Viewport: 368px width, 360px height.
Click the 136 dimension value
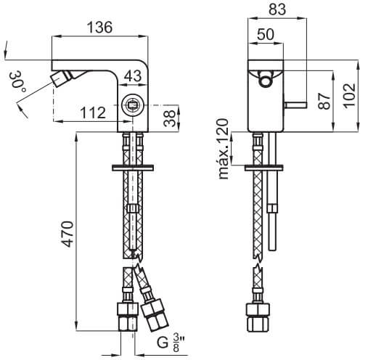99,27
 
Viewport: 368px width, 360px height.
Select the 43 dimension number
133,75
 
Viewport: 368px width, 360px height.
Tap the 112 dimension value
93,112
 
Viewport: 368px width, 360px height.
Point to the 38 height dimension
170,118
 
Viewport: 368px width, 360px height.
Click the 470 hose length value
68,234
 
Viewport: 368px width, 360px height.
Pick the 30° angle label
17,81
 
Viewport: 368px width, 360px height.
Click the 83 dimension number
277,9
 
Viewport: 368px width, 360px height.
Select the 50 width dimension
266,34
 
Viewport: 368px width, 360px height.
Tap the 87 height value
324,101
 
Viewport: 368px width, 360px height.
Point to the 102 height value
349,96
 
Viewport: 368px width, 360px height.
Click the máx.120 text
223,149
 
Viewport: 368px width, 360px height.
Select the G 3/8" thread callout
171,343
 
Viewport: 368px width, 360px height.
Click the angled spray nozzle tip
57,80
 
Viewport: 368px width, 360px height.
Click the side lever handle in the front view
295,105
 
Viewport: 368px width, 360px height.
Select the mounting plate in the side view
133,168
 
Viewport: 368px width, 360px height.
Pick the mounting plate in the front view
263,168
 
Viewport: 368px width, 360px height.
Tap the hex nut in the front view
258,318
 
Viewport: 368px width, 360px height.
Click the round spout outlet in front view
266,81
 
